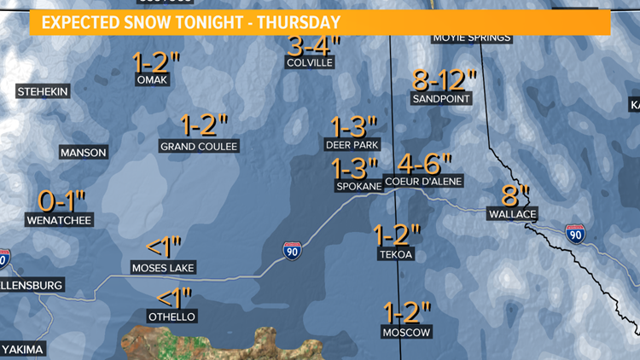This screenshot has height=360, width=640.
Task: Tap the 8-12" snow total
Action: [443, 80]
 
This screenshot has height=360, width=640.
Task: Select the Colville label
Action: [311, 62]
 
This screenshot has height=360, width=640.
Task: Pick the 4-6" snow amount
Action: [424, 163]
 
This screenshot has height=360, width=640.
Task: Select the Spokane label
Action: [353, 185]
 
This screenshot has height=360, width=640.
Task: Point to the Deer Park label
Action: [352, 145]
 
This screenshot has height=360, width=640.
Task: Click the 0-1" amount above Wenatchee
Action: [63, 201]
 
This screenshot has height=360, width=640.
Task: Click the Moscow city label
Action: [406, 332]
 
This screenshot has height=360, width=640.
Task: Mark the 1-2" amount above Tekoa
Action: [398, 233]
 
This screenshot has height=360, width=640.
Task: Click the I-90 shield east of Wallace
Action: [575, 233]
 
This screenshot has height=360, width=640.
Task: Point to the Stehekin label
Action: [42, 91]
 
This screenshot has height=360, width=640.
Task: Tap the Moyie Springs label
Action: [472, 37]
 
